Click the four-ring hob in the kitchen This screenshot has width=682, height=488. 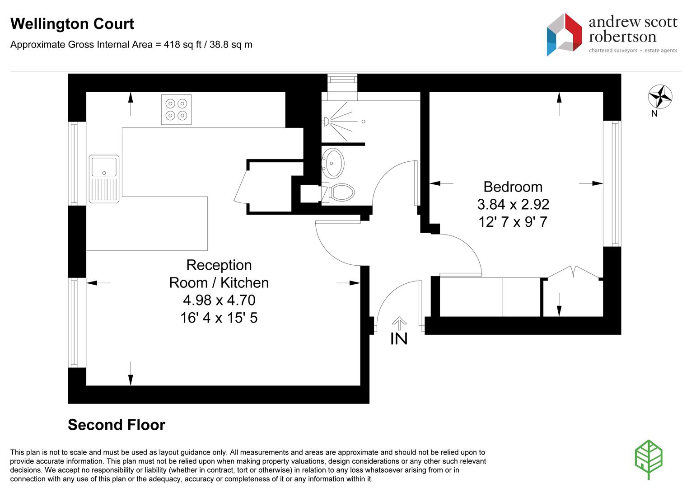point(176,110)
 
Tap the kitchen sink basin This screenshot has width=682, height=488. point(104,166)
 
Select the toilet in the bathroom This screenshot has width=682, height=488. point(338,192)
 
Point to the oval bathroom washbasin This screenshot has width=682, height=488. point(333,163)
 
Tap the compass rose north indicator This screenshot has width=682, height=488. point(660,97)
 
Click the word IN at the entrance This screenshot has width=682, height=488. point(399,339)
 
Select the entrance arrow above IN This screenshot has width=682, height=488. point(399,323)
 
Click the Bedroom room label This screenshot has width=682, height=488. point(513,187)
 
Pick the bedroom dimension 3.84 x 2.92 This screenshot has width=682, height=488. point(513,204)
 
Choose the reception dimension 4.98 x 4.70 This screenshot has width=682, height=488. point(219,300)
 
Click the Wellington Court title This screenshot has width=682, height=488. point(72,24)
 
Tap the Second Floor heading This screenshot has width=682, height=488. point(117,425)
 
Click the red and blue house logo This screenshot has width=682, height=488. point(564,34)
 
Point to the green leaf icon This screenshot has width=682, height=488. point(649,460)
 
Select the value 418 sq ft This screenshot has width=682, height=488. point(182,44)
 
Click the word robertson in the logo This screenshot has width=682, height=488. point(622,37)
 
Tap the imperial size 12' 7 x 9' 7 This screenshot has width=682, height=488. point(513,222)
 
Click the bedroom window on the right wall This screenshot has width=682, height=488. point(612,183)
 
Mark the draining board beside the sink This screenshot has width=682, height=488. point(104,190)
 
